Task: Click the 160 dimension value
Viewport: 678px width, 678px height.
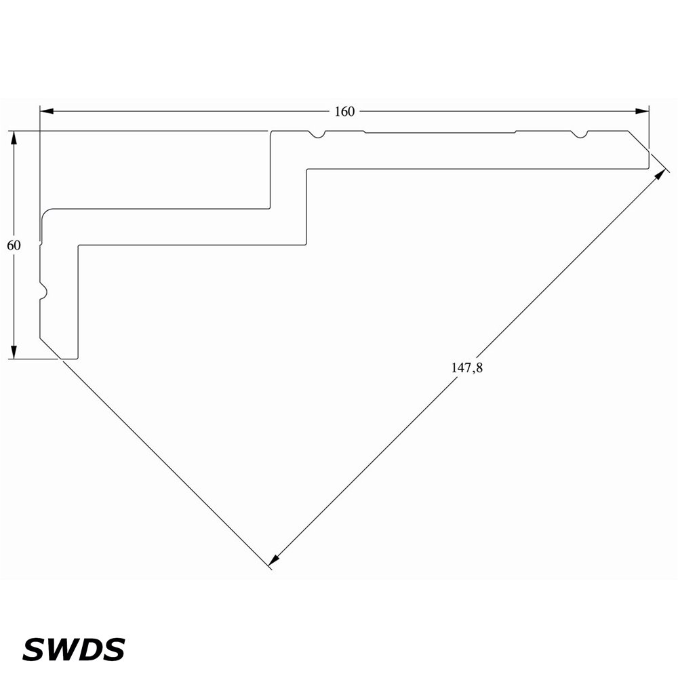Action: pos(344,112)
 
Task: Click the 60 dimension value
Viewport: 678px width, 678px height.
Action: pos(14,245)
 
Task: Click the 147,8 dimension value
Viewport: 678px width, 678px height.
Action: pos(467,367)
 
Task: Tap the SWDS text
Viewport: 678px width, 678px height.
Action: pos(73,650)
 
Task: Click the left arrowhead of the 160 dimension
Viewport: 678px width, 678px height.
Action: pos(47,112)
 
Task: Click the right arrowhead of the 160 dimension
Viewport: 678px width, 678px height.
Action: pos(642,112)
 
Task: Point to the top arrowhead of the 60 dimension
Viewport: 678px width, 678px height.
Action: pos(14,138)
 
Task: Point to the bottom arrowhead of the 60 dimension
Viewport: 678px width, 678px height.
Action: pos(14,352)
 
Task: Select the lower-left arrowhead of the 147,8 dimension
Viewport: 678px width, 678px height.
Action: pos(273,561)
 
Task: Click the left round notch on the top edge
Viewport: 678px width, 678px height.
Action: pos(318,134)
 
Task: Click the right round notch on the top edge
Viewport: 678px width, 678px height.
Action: pos(580,134)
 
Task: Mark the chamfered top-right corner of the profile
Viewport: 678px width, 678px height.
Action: pos(639,140)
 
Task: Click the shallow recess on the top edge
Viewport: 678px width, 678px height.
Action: pos(440,132)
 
